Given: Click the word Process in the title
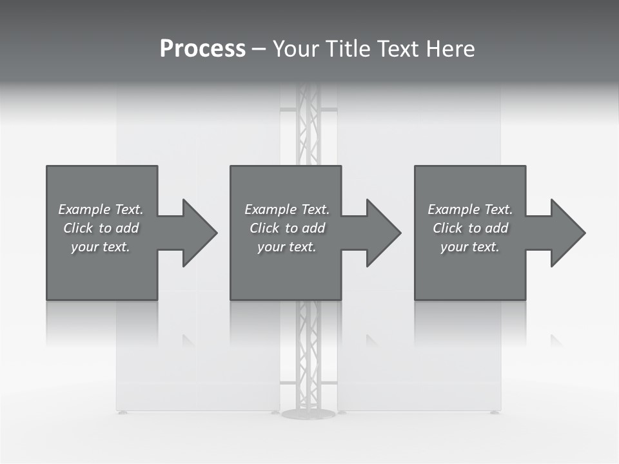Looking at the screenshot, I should [x=202, y=49].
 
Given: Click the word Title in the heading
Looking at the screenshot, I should [x=349, y=49].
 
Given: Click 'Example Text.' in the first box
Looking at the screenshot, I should [x=101, y=209].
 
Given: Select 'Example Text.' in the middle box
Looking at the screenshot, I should [x=287, y=209].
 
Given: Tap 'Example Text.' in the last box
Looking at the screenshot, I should [x=470, y=209].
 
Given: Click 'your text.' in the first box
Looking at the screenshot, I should [x=101, y=247].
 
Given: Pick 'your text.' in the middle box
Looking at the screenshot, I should [x=287, y=247].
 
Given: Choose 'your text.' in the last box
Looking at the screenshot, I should [x=470, y=247].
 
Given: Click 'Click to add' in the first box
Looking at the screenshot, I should [x=101, y=228].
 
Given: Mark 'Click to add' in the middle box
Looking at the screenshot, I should [x=287, y=228].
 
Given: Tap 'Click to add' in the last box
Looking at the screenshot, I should [x=470, y=228].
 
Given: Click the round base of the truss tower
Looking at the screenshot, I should [x=308, y=413].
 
